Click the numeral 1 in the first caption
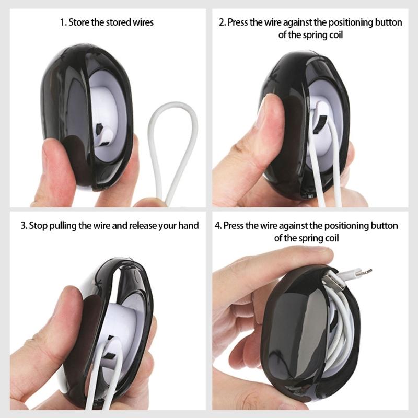62,22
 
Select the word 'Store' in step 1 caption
79,22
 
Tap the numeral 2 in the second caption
222,22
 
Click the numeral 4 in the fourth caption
217,226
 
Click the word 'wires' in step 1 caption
143,22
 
